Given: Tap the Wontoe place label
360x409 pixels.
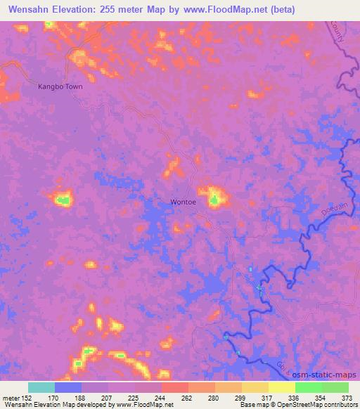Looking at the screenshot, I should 185,202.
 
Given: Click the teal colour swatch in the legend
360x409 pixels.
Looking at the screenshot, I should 41,387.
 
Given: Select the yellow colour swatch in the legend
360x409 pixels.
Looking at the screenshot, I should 281,387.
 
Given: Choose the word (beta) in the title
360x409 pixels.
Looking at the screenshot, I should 281,9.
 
